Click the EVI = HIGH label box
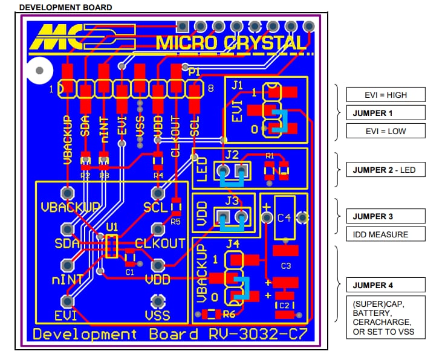pyautogui.click(x=385, y=94)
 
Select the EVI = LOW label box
pyautogui.click(x=385, y=131)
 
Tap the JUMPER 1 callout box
pyautogui.click(x=385, y=113)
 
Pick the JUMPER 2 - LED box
pyautogui.click(x=385, y=170)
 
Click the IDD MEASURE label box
pyautogui.click(x=385, y=234)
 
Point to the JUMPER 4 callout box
pyautogui.click(x=385, y=285)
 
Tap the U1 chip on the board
pyautogui.click(x=111, y=245)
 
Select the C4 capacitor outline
pyautogui.click(x=284, y=217)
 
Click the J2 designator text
pyautogui.click(x=232, y=155)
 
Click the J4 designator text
pyautogui.click(x=232, y=245)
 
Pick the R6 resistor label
pyautogui.click(x=229, y=314)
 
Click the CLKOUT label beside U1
pyautogui.click(x=160, y=244)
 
